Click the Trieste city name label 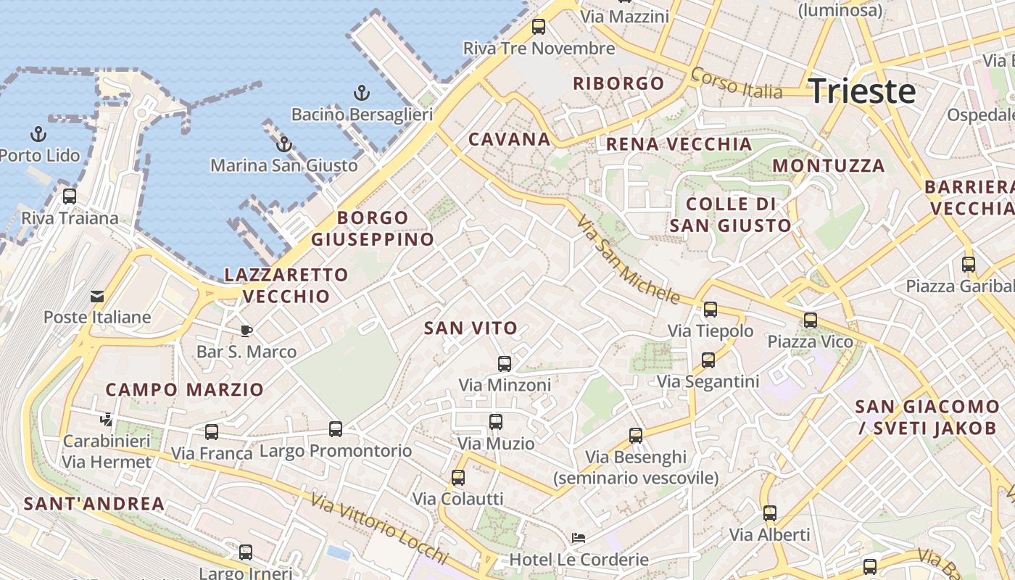pos(862,91)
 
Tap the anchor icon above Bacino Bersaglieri pos(361,93)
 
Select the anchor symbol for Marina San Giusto pos(284,144)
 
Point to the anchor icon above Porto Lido pos(38,134)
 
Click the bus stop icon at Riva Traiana pos(70,196)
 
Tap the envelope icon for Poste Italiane pos(96,296)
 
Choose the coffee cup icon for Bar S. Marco pos(246,331)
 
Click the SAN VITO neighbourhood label pos(471,328)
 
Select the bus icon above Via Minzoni pos(505,363)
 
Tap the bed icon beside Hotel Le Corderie pos(579,538)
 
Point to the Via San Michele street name pos(629,260)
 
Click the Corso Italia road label pos(737,83)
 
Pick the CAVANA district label pos(509,139)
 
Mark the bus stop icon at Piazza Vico pos(811,320)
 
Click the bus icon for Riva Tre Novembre pos(539,27)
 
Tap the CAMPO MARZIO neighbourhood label pos(185,389)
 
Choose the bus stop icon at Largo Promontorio pos(336,429)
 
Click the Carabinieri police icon pos(107,419)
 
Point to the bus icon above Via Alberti pos(770,513)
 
